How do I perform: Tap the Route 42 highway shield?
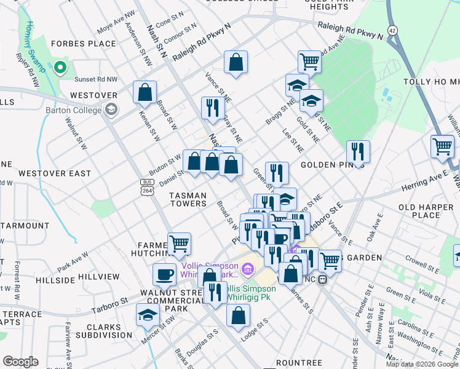[x=392, y=30]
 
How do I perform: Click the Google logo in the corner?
[x=20, y=362]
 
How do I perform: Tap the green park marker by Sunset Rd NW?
[x=60, y=68]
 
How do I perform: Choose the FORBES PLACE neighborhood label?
[x=84, y=44]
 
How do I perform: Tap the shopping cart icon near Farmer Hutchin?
[x=179, y=243]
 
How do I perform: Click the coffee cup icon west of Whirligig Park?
[x=165, y=273]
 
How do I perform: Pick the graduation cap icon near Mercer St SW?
[x=148, y=314]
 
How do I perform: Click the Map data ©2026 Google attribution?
[x=422, y=364]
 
